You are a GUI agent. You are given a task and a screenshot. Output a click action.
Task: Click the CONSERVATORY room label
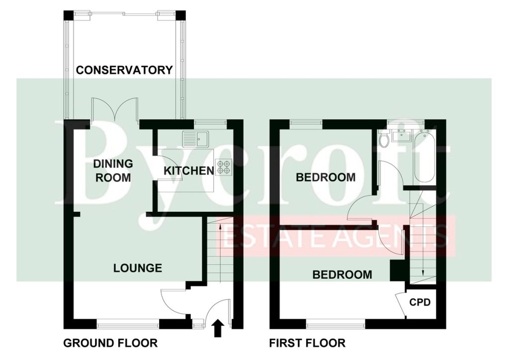pos(124,70)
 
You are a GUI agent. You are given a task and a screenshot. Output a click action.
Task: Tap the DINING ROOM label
pos(113,171)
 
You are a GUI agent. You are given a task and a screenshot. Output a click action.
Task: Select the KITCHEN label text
pos(188,171)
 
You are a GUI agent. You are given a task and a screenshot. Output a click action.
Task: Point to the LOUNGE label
pos(138,268)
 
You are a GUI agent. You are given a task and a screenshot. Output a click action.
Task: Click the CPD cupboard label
pos(420,302)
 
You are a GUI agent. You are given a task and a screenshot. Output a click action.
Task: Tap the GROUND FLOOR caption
pos(110,343)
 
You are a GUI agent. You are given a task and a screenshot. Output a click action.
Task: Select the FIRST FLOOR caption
pos(307,343)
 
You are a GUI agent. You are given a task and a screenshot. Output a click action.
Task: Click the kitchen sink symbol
pos(196,139)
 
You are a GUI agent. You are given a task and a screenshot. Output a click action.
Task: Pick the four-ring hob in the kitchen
pos(224,167)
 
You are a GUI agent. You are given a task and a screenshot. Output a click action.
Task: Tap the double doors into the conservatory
pos(115,109)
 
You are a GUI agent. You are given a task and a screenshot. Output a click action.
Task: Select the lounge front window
pos(128,323)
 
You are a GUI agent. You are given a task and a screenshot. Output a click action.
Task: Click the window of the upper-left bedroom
pos(306,123)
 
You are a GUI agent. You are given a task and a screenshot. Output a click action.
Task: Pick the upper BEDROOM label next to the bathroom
pos(326,177)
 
